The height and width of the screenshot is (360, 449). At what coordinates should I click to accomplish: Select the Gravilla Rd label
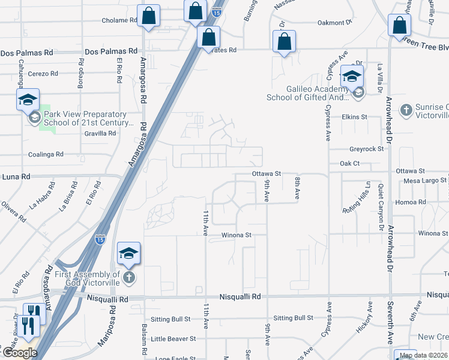(x=100, y=133)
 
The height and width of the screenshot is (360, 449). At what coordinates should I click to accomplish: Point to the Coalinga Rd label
(x=46, y=154)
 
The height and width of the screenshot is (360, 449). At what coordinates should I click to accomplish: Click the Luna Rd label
(x=16, y=177)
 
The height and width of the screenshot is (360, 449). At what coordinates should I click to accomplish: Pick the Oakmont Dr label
(x=334, y=23)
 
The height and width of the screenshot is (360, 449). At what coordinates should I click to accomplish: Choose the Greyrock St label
(x=366, y=149)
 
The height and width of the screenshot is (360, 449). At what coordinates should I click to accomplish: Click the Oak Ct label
(x=349, y=163)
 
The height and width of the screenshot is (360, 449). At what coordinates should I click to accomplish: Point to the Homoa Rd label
(x=414, y=202)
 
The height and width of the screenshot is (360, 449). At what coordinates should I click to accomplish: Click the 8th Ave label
(x=297, y=187)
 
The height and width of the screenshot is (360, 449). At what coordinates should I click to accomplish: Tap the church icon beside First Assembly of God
(x=130, y=277)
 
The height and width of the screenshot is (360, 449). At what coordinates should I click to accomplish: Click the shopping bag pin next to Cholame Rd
(x=148, y=17)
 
